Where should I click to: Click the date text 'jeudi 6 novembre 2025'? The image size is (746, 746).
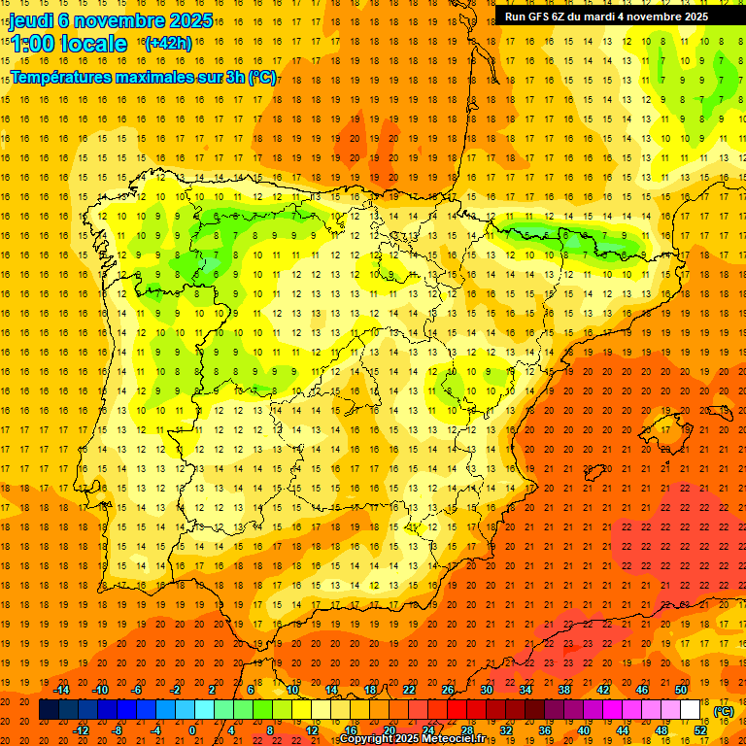(111, 19)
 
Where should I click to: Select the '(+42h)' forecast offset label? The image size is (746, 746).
(167, 44)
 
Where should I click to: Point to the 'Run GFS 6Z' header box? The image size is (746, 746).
(606, 17)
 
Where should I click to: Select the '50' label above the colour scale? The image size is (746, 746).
(681, 690)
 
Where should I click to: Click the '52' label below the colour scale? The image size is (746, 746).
(699, 729)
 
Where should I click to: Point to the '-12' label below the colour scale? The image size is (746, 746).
(81, 729)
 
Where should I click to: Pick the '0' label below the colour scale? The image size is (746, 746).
(192, 729)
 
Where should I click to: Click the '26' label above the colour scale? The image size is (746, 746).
(448, 690)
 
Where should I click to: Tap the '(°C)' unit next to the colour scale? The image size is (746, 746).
(724, 710)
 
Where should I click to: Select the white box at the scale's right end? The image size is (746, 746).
(690, 709)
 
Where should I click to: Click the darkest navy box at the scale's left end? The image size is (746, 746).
(49, 709)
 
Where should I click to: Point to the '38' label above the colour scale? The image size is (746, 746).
(564, 690)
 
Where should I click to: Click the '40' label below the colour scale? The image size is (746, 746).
(583, 729)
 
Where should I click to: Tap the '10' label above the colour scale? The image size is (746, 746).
(292, 690)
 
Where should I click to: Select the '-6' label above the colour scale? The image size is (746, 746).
(138, 690)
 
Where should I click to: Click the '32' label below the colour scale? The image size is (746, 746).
(505, 729)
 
